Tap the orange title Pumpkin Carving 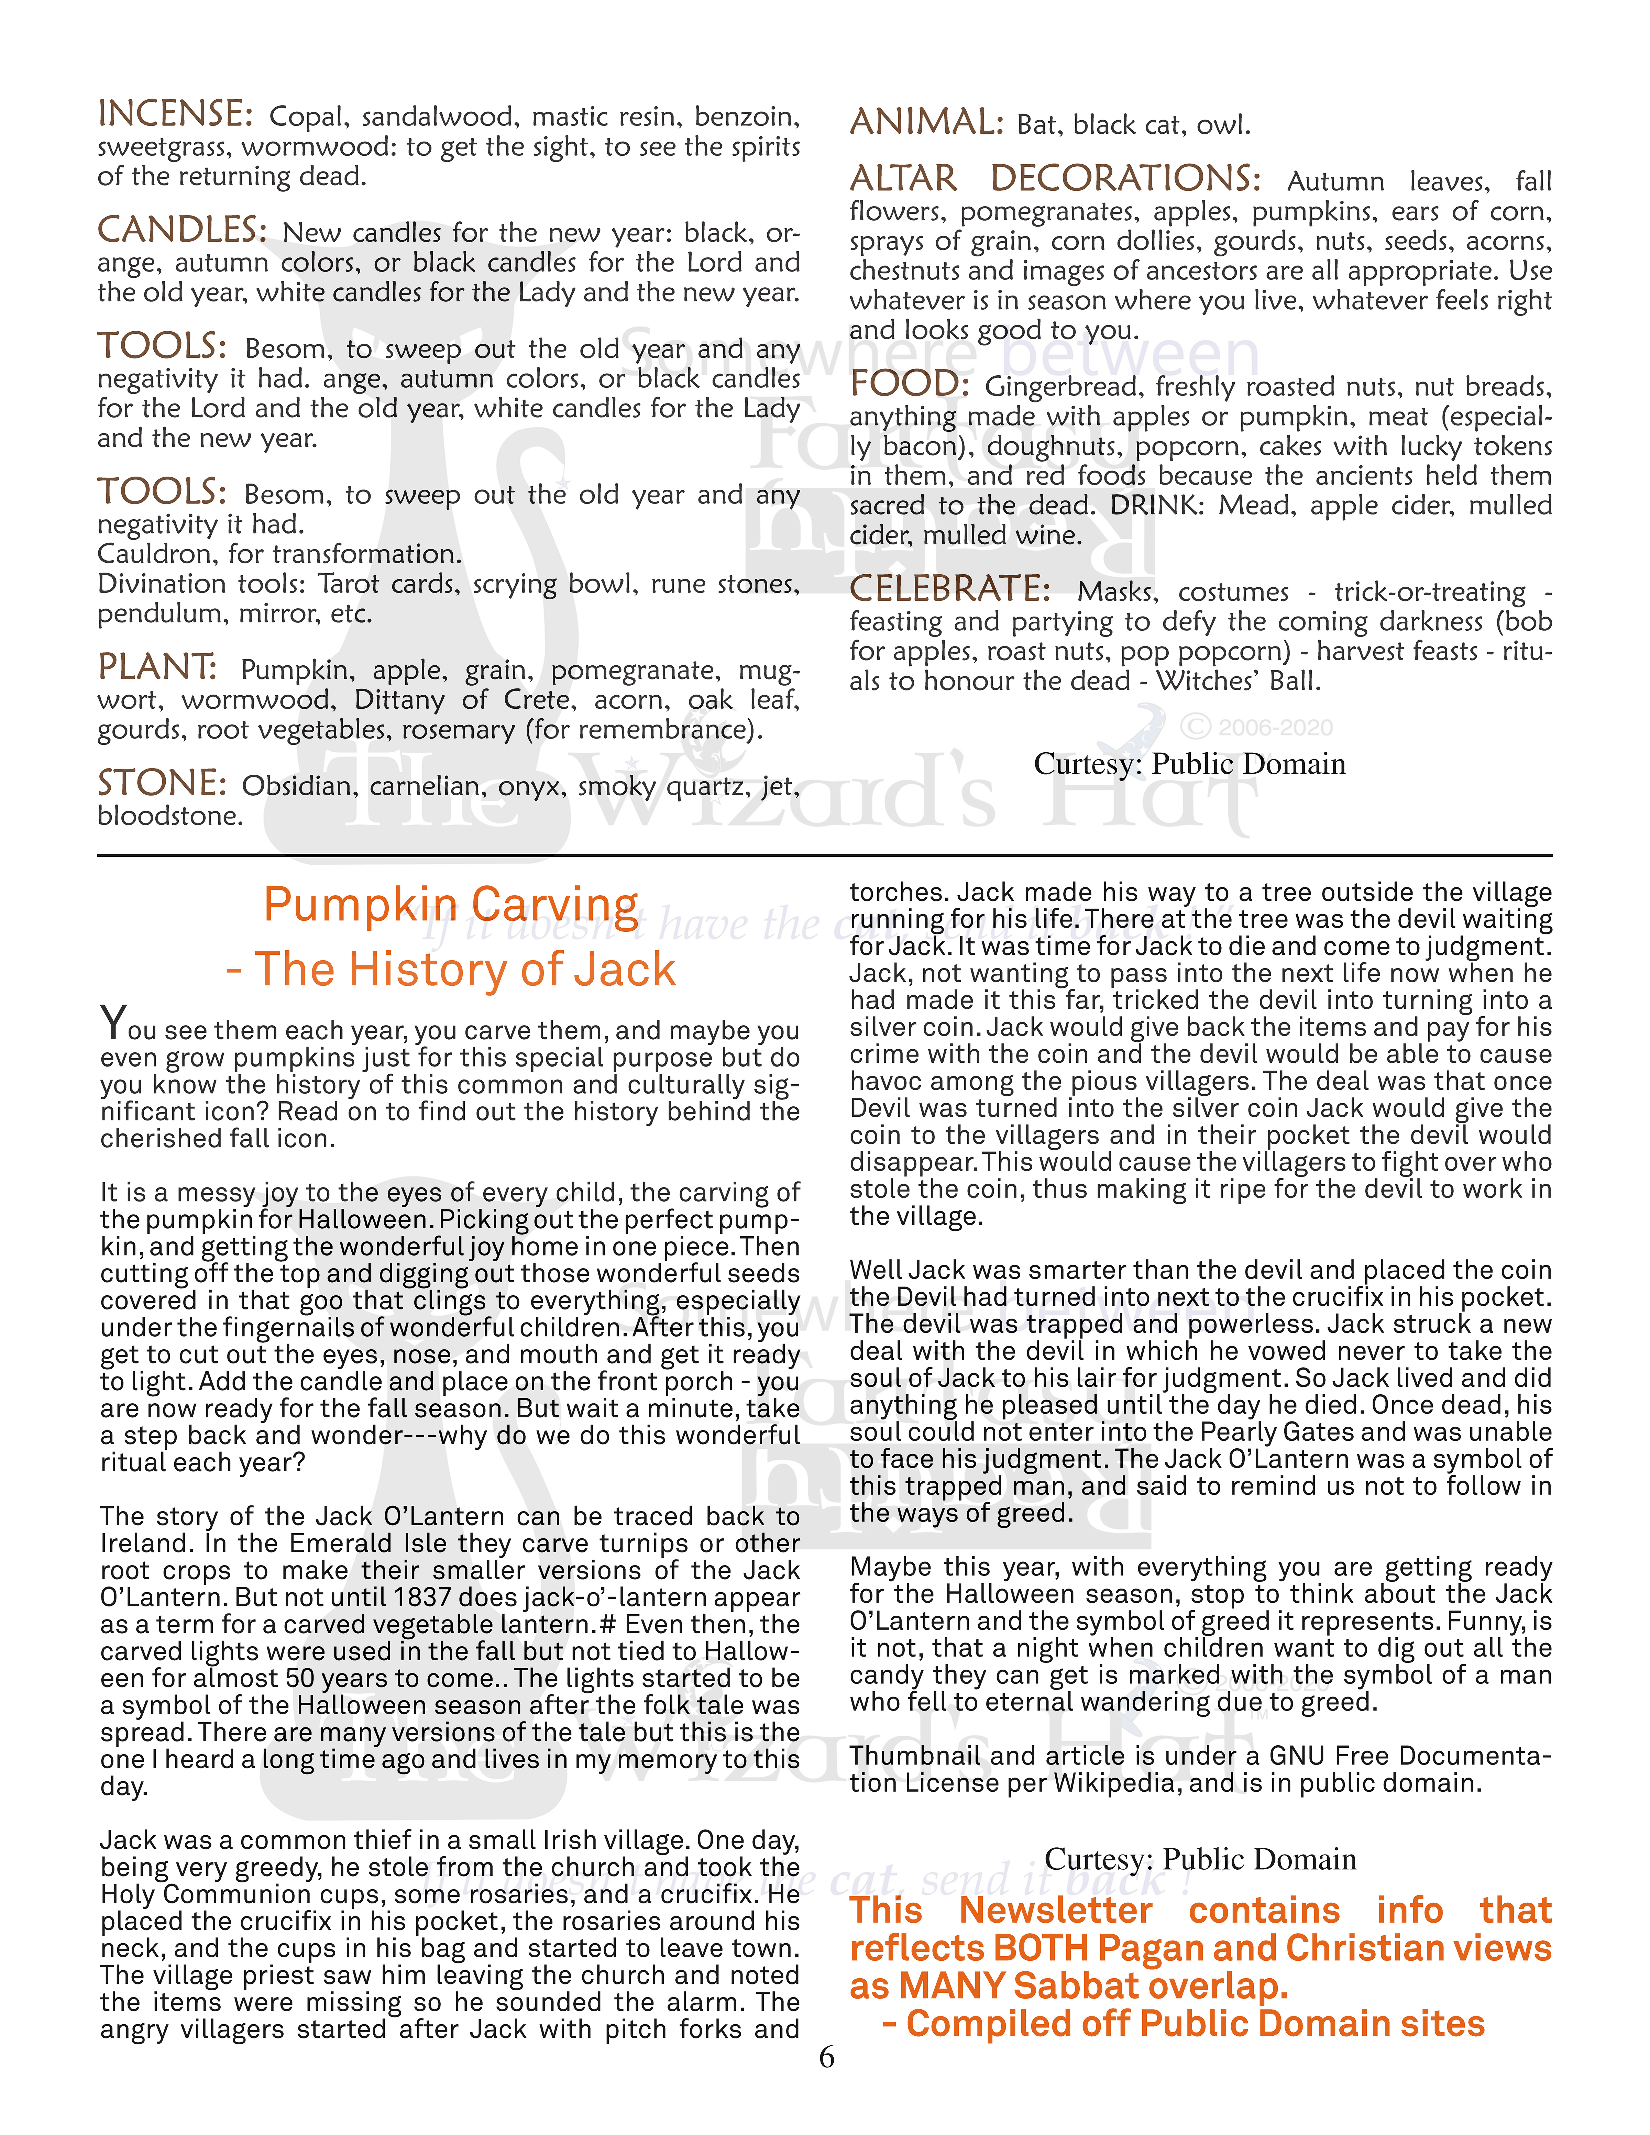click(451, 904)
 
